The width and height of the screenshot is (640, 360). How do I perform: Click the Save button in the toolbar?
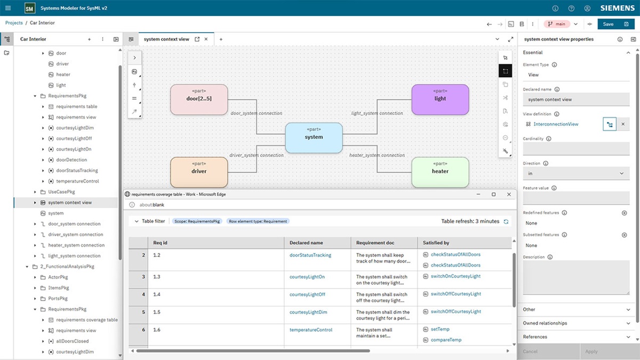608,24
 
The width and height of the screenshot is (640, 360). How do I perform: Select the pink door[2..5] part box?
199,99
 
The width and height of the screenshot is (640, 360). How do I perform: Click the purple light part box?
440,99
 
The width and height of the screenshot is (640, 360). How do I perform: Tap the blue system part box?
314,138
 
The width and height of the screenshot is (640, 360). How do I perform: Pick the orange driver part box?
199,172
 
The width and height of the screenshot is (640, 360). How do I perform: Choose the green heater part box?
440,172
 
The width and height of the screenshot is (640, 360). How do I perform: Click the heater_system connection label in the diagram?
377,155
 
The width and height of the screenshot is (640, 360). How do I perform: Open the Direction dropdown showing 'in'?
576,173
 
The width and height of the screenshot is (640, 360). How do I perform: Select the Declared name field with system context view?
576,100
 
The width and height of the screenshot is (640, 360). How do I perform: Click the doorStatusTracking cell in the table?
310,255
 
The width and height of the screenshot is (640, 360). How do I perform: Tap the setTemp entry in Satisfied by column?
440,330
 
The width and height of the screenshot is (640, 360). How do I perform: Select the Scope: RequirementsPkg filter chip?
197,221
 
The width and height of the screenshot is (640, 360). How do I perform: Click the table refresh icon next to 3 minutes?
506,221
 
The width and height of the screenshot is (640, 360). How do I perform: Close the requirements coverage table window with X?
509,195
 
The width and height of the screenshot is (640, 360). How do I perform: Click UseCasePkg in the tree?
61,192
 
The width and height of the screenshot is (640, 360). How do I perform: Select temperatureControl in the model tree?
77,181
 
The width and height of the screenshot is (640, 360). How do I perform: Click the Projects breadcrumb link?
14,23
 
